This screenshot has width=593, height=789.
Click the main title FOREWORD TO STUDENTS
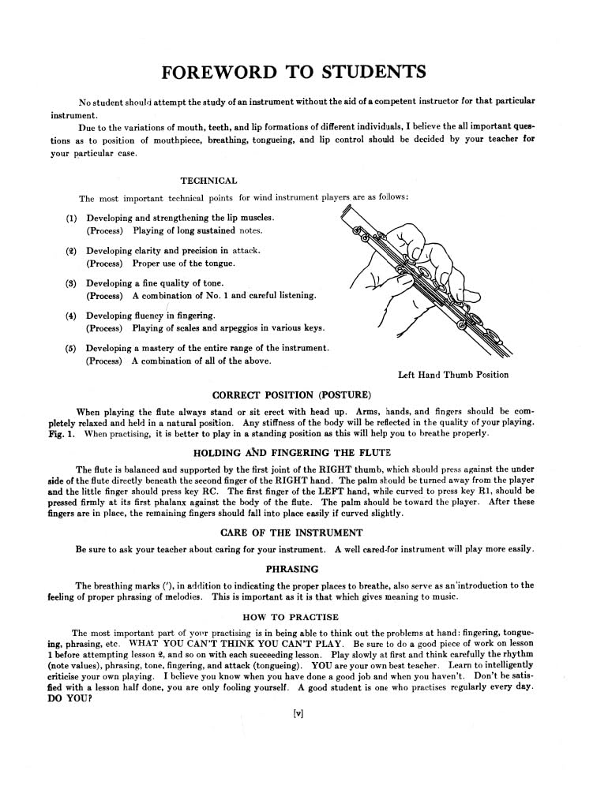294,73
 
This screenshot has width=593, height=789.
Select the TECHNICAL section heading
208,181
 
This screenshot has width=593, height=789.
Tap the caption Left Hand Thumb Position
453,375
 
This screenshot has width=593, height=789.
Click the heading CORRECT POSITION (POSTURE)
292,394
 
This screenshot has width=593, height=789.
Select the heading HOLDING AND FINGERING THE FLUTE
292,453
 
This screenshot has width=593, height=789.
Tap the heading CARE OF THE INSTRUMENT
292,533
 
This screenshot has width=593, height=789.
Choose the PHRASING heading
292,568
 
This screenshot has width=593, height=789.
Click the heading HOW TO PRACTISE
292,616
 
